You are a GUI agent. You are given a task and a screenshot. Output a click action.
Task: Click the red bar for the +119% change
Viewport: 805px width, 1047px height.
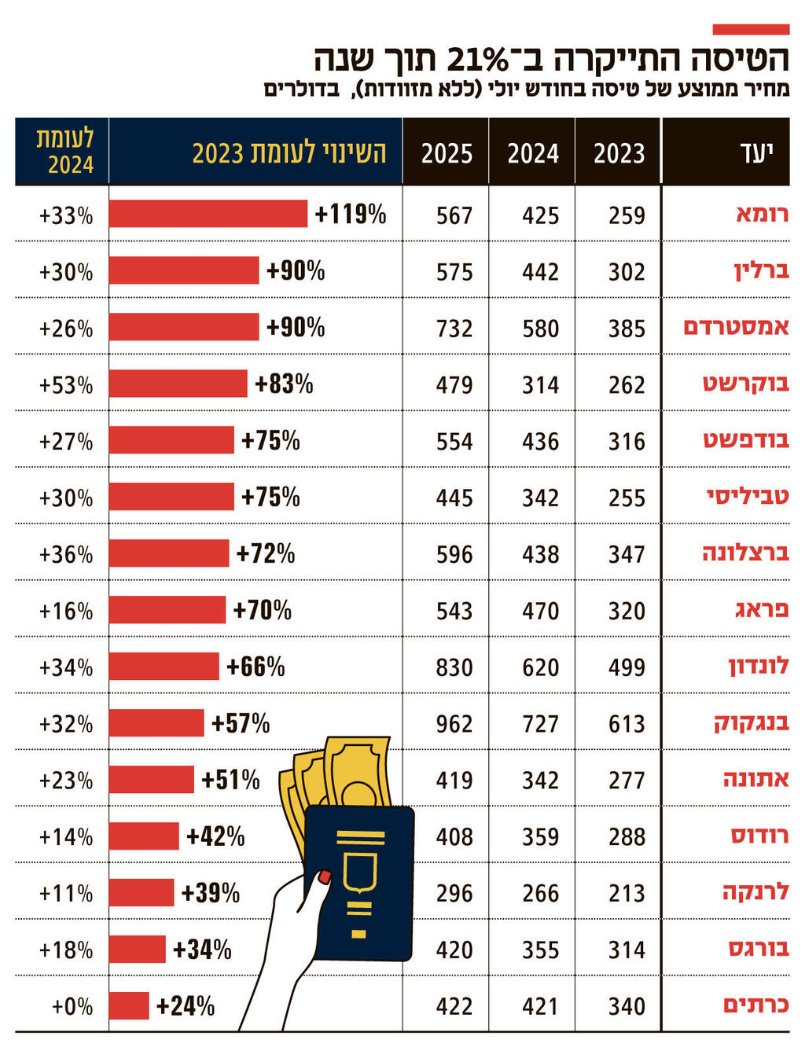208,214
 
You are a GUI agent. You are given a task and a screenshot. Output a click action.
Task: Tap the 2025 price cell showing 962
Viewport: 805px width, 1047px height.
454,724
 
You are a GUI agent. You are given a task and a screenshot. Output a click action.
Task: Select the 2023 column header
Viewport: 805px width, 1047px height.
619,152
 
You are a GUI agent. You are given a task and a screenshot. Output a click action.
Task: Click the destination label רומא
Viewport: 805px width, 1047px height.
762,214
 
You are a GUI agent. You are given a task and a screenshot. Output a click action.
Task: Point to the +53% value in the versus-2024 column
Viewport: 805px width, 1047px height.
66,385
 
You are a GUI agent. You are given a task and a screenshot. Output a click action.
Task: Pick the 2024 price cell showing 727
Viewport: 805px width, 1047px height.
541,724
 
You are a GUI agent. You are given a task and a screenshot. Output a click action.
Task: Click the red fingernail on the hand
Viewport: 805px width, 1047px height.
324,876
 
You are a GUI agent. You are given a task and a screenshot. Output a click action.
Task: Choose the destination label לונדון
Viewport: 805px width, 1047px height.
759,667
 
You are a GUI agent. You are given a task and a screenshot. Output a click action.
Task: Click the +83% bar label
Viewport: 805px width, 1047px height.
284,384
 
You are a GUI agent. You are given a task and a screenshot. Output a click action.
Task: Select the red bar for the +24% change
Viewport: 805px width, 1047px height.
129,1006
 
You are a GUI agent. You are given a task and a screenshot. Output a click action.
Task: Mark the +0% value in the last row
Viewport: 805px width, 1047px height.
72,1006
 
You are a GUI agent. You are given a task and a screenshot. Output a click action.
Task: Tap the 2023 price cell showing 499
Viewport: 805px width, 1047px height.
627,667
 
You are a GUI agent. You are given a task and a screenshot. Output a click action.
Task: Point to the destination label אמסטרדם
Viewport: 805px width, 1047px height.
737,327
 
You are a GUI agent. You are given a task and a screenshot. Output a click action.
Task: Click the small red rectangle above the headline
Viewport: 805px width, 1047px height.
751,30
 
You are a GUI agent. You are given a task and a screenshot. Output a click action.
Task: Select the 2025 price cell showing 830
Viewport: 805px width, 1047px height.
454,667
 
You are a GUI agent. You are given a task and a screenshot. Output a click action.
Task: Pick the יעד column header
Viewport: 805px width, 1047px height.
756,152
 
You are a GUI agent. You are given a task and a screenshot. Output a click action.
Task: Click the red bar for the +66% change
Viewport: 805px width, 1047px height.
164,667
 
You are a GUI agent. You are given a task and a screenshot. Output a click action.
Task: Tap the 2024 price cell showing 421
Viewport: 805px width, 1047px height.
541,1006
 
